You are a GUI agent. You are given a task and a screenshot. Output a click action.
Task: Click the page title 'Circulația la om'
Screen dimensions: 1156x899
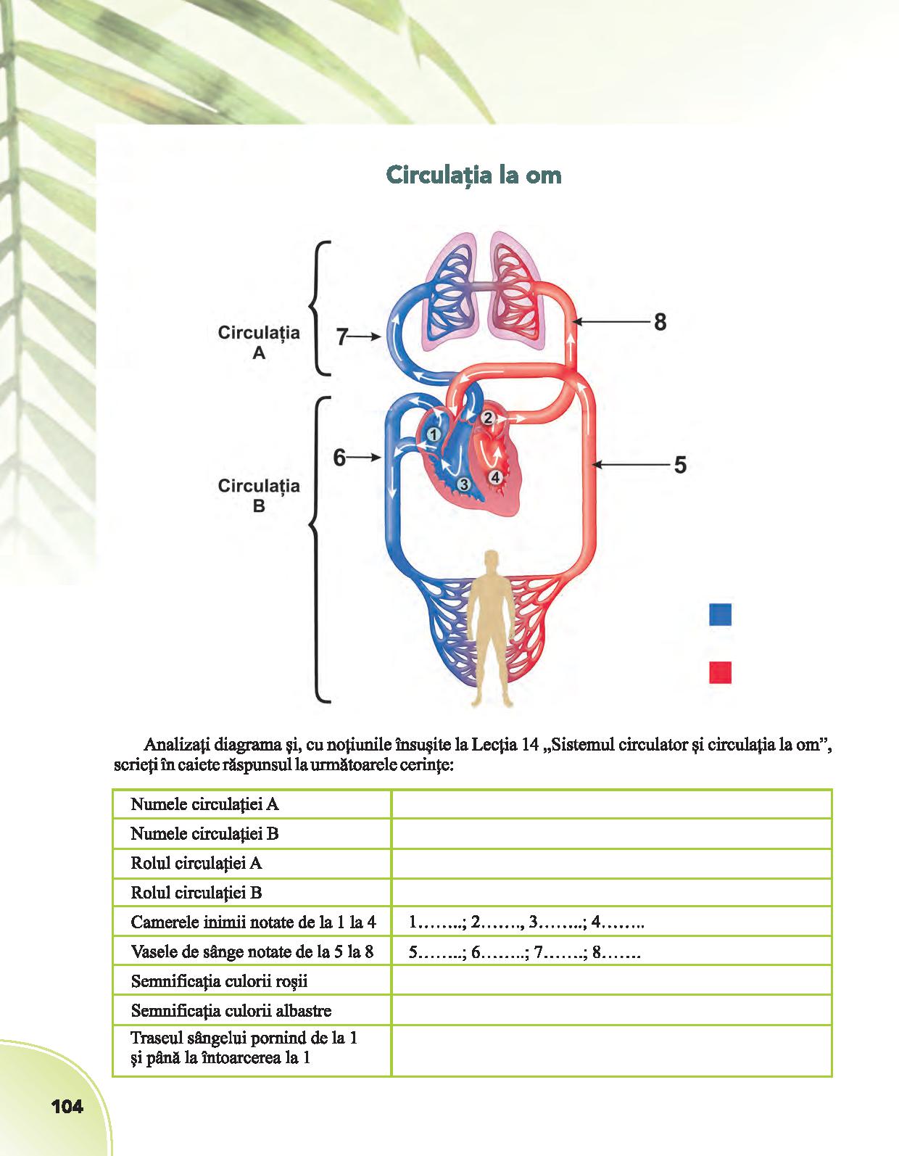click(x=473, y=175)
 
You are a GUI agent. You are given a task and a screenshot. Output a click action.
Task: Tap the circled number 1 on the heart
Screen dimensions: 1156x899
click(x=433, y=434)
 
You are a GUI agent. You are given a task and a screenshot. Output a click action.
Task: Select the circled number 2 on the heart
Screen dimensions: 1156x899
click(x=488, y=417)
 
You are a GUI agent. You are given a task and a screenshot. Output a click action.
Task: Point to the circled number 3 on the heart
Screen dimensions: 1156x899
click(x=465, y=483)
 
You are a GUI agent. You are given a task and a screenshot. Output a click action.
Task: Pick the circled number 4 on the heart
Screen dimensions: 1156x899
click(x=495, y=476)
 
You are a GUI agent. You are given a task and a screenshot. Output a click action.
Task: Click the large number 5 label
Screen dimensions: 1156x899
click(x=679, y=464)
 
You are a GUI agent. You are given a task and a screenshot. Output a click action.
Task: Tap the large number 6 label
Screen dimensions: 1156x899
click(x=339, y=458)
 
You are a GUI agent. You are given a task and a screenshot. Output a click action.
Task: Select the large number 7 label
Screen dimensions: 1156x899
click(x=342, y=337)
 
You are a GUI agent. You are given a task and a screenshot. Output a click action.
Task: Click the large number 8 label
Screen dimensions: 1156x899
click(x=660, y=322)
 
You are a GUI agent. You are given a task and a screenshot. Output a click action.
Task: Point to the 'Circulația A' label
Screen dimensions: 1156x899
click(x=259, y=342)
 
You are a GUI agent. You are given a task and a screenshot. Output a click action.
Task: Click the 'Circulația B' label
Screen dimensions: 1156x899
click(x=259, y=495)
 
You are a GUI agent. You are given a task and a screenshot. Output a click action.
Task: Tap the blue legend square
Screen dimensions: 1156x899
click(x=720, y=614)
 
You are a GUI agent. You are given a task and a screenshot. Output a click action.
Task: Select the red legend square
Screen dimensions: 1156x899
click(x=720, y=672)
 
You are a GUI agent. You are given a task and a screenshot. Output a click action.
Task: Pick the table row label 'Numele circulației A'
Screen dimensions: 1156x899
click(x=204, y=804)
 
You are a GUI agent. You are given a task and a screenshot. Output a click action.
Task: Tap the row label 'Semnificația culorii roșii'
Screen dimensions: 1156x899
click(x=219, y=981)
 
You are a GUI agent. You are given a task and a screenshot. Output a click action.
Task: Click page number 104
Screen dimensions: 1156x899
click(x=67, y=1107)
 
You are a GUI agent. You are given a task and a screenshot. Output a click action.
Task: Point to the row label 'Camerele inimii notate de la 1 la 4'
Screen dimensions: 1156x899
click(x=253, y=922)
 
